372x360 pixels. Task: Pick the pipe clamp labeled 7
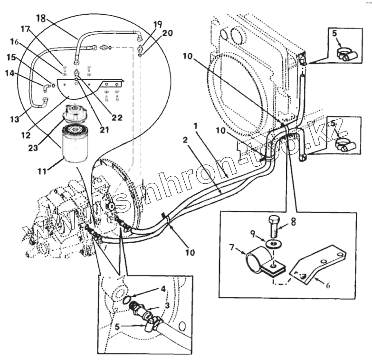pos(257,261)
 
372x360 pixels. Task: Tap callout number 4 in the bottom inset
pos(163,288)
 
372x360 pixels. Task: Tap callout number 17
pos(24,29)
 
